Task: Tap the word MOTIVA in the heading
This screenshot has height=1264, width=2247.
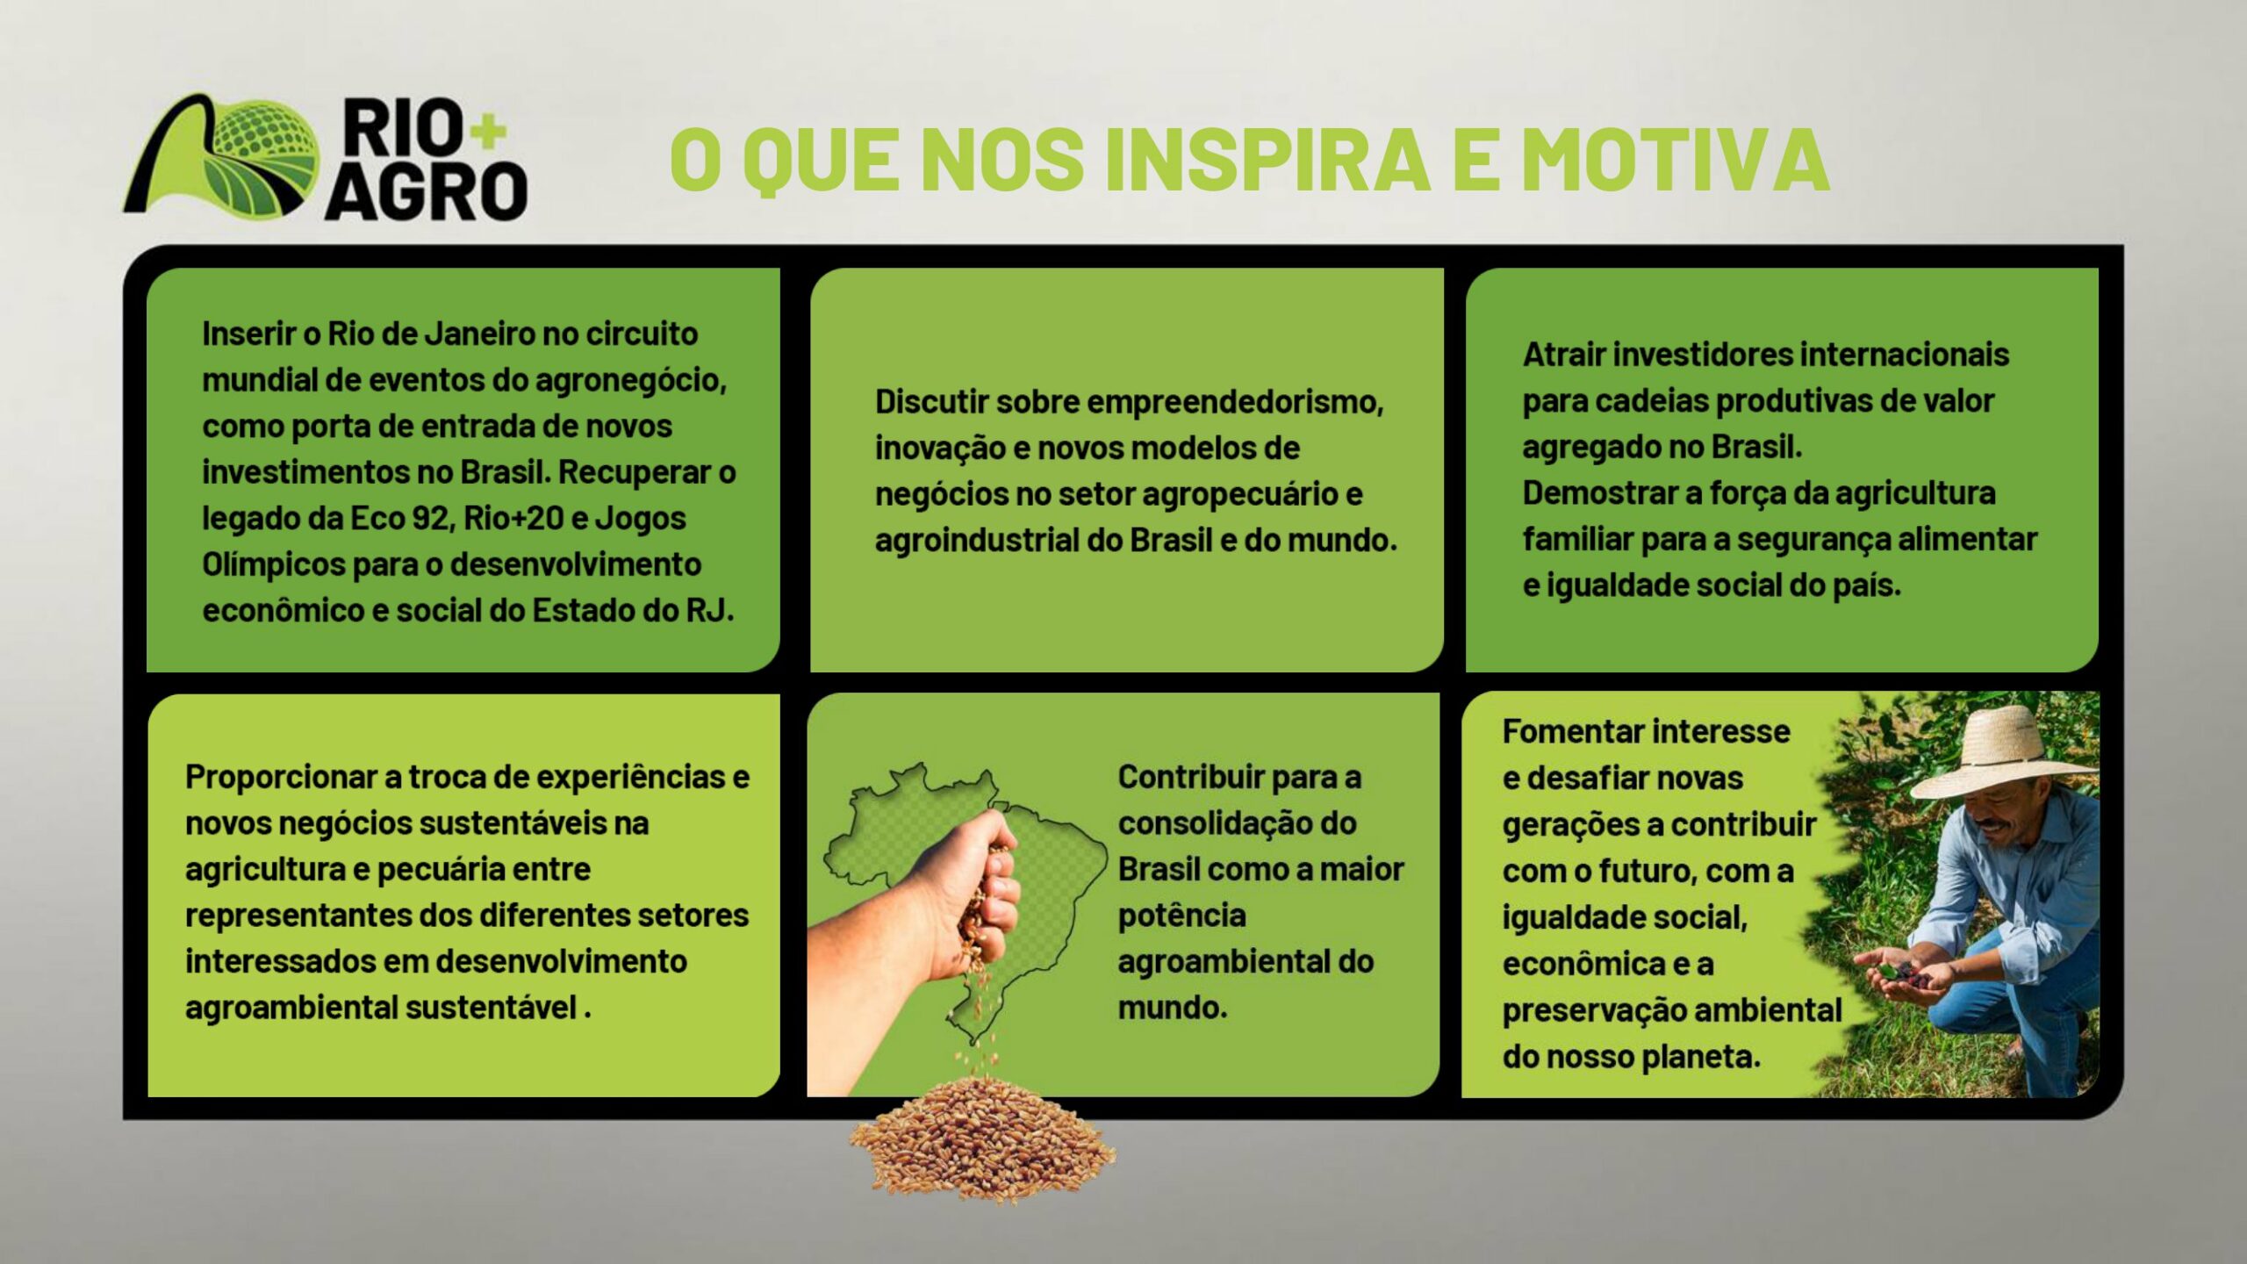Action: coord(1675,159)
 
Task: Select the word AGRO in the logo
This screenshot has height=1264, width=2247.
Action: coord(427,190)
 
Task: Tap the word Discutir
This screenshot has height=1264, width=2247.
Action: coord(930,402)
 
